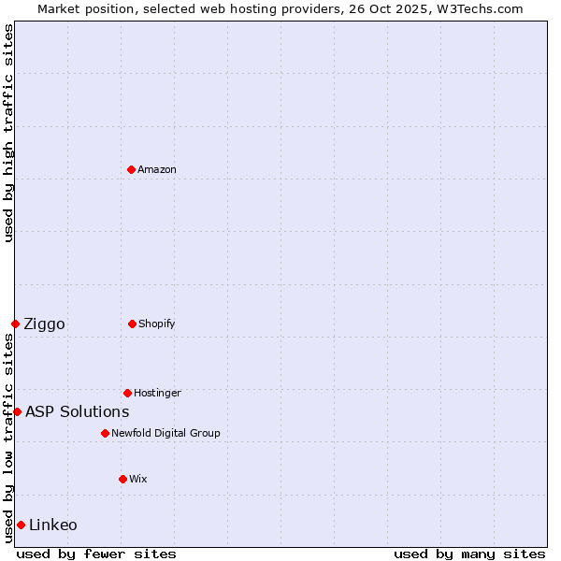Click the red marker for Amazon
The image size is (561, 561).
coord(131,169)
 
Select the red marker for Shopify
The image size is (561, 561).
coord(132,324)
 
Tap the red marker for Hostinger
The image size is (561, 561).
coord(127,393)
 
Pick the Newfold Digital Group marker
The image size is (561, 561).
coord(105,433)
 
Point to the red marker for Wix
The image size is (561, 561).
coord(122,479)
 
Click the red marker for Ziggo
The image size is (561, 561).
coord(15,324)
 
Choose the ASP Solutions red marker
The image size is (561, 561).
coord(17,411)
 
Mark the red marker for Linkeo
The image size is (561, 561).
coord(21,525)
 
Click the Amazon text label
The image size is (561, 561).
coord(157,169)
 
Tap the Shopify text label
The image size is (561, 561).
coord(157,324)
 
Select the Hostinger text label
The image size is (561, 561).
coord(157,393)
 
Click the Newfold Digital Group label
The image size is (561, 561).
coord(165,433)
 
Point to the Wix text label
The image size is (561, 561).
coord(138,479)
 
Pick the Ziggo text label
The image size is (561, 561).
coord(44,324)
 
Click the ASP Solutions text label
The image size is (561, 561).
coord(77,411)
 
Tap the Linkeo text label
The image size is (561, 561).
coord(53,525)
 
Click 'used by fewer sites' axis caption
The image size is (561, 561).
coord(96,554)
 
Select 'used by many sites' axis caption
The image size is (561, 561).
coord(469,554)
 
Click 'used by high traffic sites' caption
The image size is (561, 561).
coord(8,133)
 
